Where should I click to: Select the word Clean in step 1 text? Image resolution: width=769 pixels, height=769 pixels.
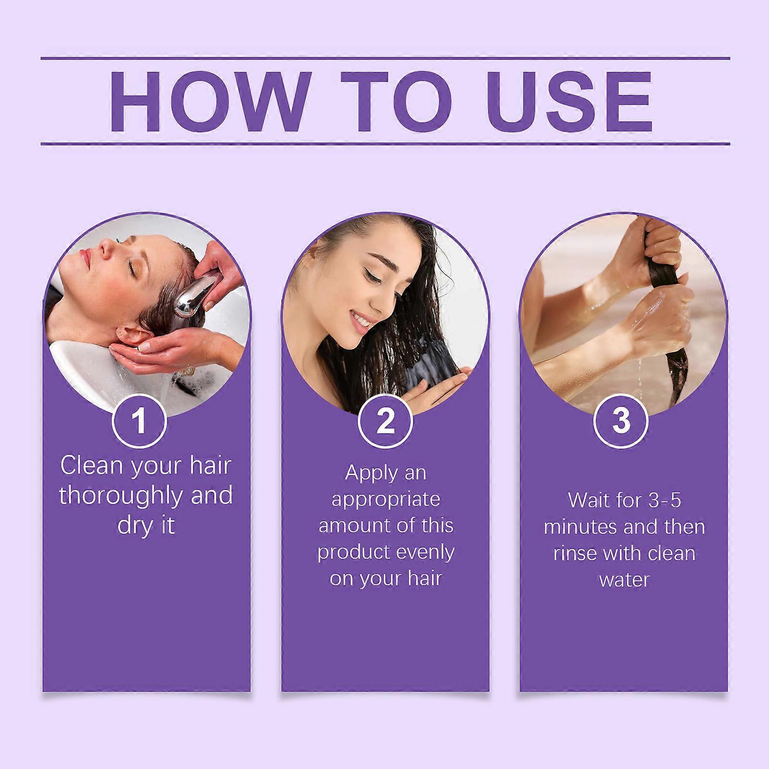click(x=91, y=466)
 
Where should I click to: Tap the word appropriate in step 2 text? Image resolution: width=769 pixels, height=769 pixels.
click(x=386, y=499)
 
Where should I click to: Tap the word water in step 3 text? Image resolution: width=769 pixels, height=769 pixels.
click(x=624, y=580)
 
